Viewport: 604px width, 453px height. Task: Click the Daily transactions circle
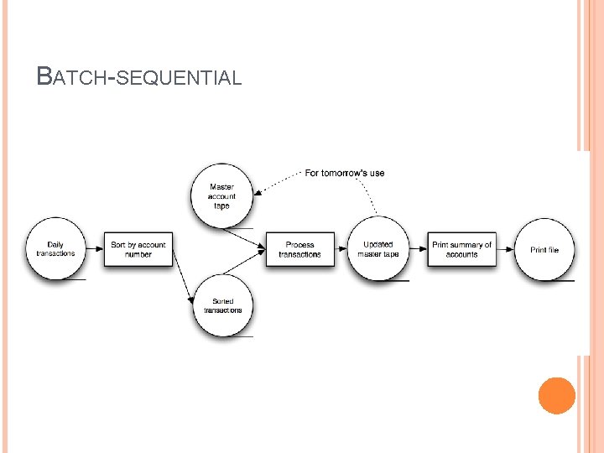[x=55, y=249]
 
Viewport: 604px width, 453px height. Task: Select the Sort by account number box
[x=138, y=249]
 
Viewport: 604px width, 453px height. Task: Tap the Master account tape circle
[x=221, y=195]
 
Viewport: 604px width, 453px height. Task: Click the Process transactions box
[x=299, y=249]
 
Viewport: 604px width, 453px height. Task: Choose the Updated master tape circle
[x=378, y=249]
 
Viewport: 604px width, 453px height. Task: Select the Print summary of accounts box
[x=461, y=249]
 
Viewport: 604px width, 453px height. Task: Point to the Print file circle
[x=544, y=249]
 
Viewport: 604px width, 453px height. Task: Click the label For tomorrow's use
[x=344, y=173]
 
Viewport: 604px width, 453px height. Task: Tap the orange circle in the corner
[x=556, y=396]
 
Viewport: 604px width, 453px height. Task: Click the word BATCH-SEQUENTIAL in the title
[x=139, y=78]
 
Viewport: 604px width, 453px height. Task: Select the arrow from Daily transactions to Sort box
[x=94, y=249]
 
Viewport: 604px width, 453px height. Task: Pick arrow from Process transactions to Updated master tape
[x=341, y=249]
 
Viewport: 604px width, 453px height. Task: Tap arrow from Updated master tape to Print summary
[x=418, y=249]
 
